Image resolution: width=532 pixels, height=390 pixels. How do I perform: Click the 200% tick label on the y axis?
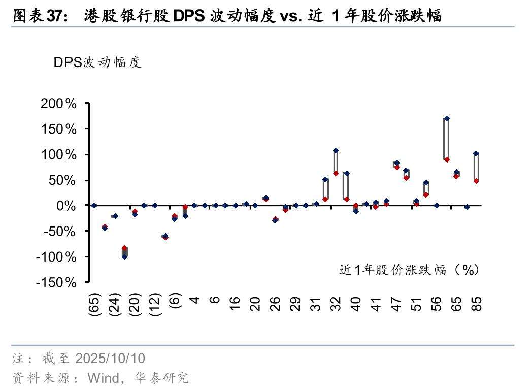[57, 104]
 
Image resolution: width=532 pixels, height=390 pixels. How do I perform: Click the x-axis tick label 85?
[476, 304]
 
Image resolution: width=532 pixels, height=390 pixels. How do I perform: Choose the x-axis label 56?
[436, 304]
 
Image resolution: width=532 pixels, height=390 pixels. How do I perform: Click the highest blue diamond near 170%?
[447, 119]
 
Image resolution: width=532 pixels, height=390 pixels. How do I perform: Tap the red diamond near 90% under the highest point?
[447, 159]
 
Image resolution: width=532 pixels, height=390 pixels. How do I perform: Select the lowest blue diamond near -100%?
[124, 257]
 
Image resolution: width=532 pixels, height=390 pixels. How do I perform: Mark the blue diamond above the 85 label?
[476, 153]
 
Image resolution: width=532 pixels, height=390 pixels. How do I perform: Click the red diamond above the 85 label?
[476, 181]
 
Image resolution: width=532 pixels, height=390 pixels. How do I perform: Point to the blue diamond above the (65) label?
[94, 205]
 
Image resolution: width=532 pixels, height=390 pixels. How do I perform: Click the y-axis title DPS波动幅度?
[97, 62]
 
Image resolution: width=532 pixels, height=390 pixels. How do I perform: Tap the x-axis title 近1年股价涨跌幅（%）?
[409, 270]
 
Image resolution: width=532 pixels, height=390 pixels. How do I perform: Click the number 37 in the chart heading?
[54, 16]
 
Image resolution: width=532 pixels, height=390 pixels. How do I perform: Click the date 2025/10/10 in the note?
[110, 359]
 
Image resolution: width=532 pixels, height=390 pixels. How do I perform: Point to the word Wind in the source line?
[103, 378]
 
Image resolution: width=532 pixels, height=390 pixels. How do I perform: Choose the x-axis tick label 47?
[396, 304]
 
